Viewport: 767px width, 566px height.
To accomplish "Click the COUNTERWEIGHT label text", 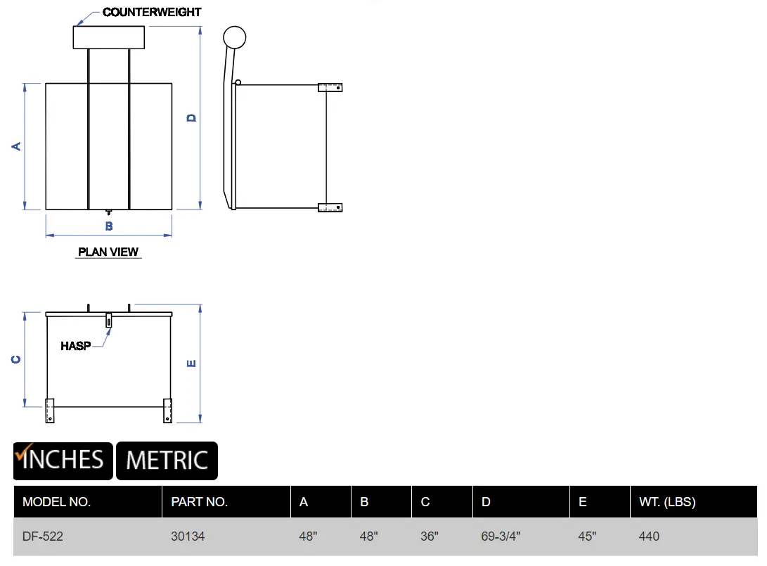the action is coord(152,12).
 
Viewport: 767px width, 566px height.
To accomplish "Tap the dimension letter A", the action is coord(16,146).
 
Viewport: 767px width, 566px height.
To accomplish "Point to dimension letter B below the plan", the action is coord(109,226).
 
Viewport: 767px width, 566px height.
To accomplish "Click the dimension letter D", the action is coord(191,118).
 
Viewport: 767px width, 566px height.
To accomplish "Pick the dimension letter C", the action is coord(16,359).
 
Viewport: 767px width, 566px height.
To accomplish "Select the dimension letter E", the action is coord(191,363).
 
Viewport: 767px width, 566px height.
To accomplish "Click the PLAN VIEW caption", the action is coord(108,252).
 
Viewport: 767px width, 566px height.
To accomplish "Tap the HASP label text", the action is coord(76,346).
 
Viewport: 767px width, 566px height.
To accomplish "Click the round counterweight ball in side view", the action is coord(234,38).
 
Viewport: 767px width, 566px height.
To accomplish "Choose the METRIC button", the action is coord(167,461).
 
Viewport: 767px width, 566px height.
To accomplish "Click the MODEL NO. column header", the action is coord(57,502).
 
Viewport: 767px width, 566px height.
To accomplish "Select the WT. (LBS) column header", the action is coord(667,502).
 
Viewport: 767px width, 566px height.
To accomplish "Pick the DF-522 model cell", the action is coord(43,536).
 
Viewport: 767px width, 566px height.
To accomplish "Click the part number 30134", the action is coord(188,536).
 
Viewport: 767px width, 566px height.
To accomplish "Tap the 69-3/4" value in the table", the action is coord(501,536).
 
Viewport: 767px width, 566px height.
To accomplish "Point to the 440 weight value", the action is coord(649,536).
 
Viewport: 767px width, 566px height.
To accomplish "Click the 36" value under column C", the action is coord(429,536).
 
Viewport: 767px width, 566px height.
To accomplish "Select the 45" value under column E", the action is coord(587,536).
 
